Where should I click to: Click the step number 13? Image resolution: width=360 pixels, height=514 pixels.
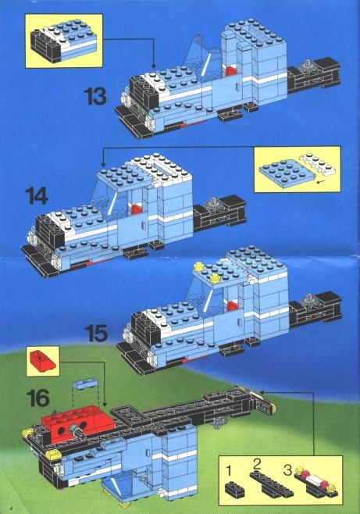[95, 96]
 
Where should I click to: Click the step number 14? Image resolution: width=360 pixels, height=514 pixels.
[37, 196]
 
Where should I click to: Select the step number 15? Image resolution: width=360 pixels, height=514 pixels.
[96, 333]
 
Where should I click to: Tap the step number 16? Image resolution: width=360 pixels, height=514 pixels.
[38, 398]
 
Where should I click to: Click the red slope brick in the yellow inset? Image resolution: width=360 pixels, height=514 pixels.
[43, 360]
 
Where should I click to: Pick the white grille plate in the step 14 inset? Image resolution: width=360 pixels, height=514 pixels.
[317, 164]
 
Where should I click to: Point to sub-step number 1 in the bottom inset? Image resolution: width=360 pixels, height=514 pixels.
[229, 471]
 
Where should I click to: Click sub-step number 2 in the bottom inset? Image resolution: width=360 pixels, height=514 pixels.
[257, 464]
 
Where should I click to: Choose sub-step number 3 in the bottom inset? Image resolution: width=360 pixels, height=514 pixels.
[287, 470]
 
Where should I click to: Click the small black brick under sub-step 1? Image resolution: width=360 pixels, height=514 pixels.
[234, 488]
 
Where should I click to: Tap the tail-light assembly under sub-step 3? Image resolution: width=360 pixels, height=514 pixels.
[316, 481]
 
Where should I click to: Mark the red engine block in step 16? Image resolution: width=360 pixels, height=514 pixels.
[77, 423]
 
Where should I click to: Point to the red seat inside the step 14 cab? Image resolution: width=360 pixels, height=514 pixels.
[137, 209]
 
